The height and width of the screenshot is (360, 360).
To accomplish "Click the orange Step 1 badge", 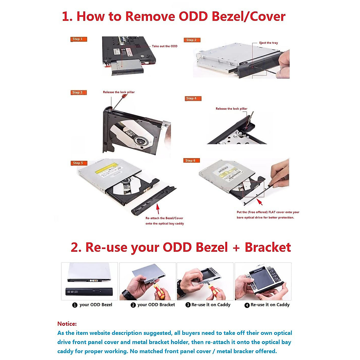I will tap(78, 39).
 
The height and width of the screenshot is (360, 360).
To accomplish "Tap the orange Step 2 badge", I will tap(192, 40).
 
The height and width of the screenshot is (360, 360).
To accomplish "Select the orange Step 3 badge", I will tap(78, 92).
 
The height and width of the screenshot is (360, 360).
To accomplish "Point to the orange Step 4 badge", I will tap(193, 98).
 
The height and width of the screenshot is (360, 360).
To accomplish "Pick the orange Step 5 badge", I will tap(79, 163).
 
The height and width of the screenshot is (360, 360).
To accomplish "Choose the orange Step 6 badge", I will tap(191, 160).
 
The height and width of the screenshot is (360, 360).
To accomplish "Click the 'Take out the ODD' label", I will tap(164, 46).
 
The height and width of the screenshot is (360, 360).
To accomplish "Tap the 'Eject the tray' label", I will tap(268, 43).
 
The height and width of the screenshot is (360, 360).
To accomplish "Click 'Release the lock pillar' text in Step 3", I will tap(119, 92).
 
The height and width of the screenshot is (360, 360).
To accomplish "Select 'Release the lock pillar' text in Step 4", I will tap(231, 109).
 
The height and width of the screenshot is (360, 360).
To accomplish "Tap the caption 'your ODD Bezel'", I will tap(96, 305).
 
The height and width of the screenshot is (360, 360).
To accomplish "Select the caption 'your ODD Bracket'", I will tap(156, 305).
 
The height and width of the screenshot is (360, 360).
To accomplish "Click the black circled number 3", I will tap(188, 305).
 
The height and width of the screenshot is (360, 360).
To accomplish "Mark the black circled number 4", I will tap(247, 305).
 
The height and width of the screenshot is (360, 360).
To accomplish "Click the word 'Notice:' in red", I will tap(67, 324).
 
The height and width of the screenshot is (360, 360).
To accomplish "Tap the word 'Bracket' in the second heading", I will tap(268, 247).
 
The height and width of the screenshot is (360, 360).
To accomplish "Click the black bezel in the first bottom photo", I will tap(89, 292).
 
